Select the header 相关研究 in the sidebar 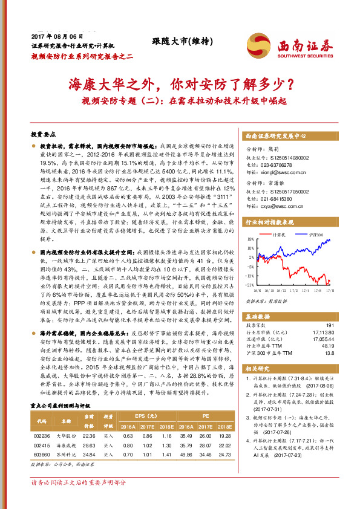pos(257,368)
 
